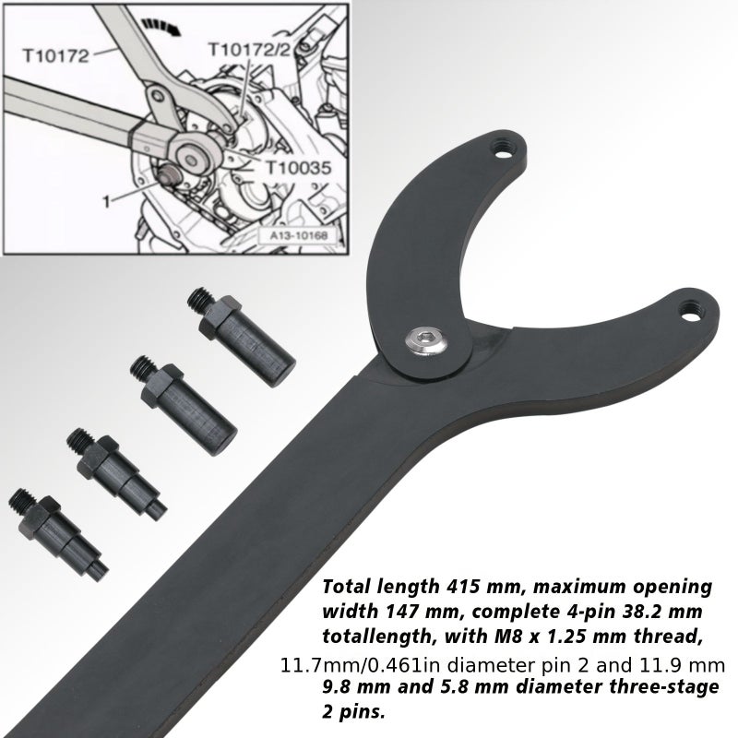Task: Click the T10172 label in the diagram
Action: click(55, 55)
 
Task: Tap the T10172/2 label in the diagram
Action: click(249, 49)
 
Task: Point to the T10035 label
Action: click(299, 167)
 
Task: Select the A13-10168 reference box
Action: click(298, 235)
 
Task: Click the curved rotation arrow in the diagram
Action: click(162, 27)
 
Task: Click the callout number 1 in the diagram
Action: click(107, 202)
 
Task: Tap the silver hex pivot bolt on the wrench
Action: click(425, 340)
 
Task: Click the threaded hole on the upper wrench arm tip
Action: click(504, 150)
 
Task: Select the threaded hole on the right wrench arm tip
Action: click(691, 312)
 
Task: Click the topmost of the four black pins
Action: click(241, 336)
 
